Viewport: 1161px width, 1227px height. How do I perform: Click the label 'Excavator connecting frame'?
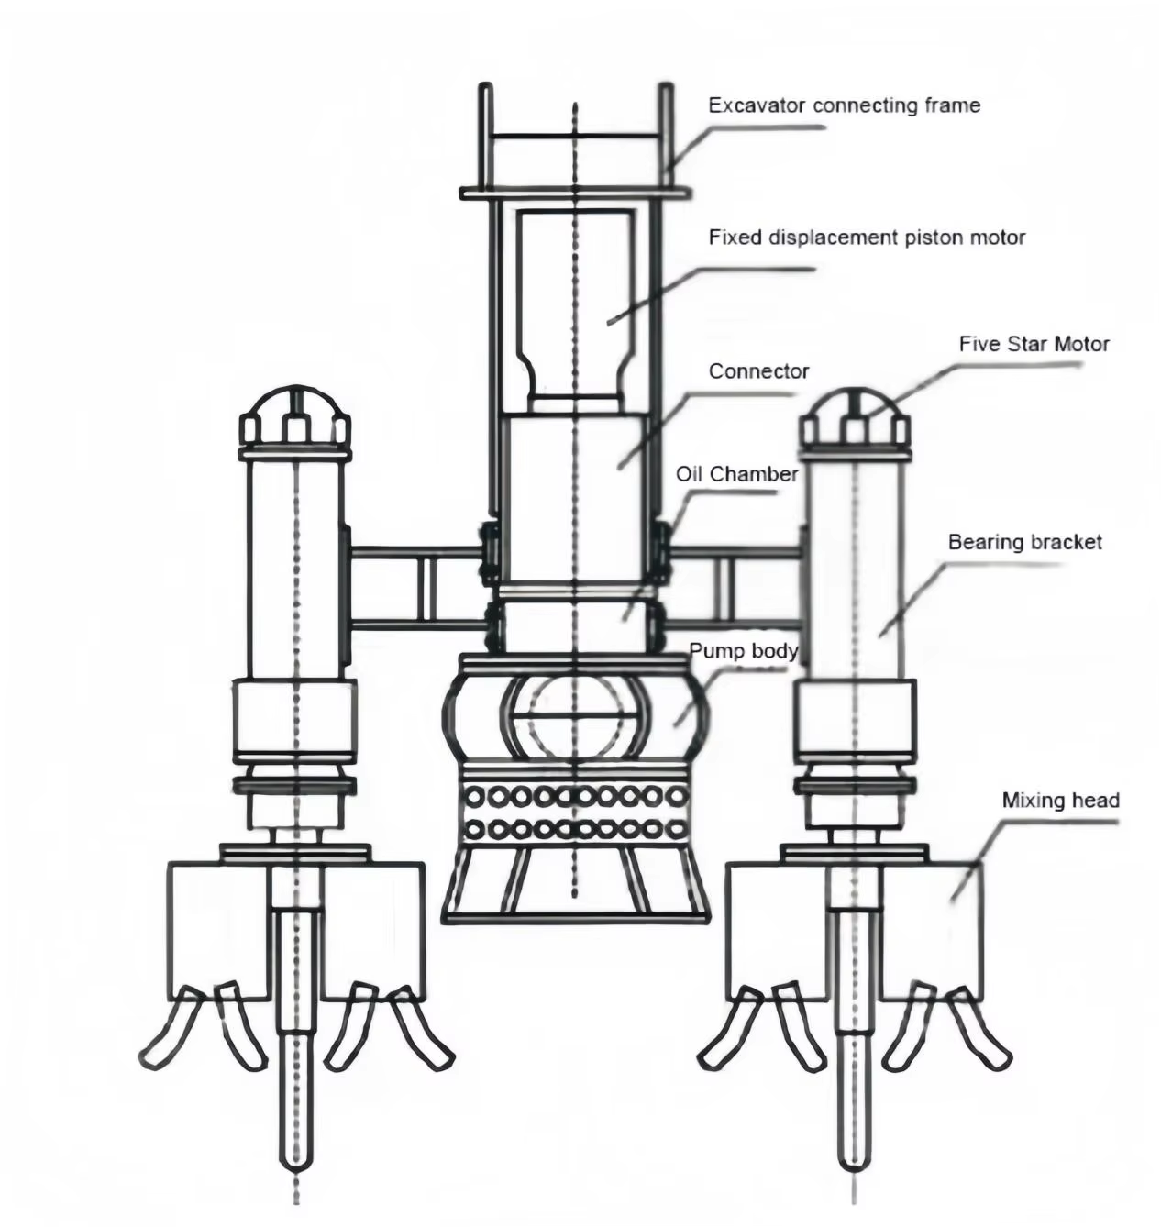(844, 105)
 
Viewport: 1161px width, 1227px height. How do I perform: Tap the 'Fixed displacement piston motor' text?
(867, 238)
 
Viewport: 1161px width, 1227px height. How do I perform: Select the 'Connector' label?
(758, 371)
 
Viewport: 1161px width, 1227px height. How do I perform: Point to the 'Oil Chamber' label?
(736, 474)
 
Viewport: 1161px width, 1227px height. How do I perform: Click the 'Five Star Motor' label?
(1034, 344)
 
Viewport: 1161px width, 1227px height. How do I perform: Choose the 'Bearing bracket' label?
(1024, 542)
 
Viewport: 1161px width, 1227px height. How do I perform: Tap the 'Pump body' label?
(743, 651)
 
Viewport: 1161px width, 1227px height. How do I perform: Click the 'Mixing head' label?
(1060, 801)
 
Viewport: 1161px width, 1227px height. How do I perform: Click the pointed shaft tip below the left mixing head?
(295, 1155)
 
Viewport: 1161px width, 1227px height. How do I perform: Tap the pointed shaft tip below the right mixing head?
(854, 1155)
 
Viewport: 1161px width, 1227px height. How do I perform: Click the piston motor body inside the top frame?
(574, 303)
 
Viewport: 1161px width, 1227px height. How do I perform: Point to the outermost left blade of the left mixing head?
(170, 1032)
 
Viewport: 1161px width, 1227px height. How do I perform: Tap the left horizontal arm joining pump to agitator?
(417, 587)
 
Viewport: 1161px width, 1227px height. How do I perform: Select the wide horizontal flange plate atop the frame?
(575, 193)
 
